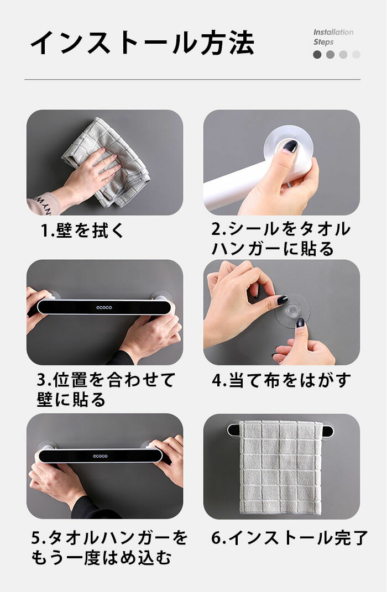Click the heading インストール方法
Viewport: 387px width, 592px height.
click(142, 42)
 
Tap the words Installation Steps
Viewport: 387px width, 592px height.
click(333, 37)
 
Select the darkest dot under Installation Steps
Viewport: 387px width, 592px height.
click(317, 55)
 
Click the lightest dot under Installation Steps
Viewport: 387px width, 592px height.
click(356, 55)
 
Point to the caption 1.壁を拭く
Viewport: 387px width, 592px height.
click(82, 230)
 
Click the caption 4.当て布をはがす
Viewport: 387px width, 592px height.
click(281, 380)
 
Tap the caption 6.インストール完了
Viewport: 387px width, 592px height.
click(290, 538)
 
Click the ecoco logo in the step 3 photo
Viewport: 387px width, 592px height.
click(104, 307)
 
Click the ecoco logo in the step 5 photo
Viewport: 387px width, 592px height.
click(101, 456)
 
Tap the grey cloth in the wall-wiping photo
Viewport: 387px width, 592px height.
click(109, 163)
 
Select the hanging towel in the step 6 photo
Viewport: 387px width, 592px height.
click(281, 468)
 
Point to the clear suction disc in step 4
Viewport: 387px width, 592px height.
click(292, 311)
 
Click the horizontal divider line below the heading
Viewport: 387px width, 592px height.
click(192, 80)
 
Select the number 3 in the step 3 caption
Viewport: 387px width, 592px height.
click(41, 380)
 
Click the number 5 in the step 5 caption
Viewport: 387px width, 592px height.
click(35, 538)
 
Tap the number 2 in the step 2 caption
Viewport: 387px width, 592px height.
click(216, 229)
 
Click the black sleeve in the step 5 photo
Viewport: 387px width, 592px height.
click(91, 508)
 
